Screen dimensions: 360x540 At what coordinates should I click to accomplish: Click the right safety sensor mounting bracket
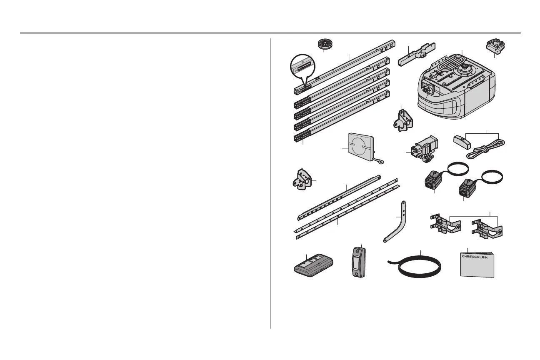(x=487, y=228)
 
